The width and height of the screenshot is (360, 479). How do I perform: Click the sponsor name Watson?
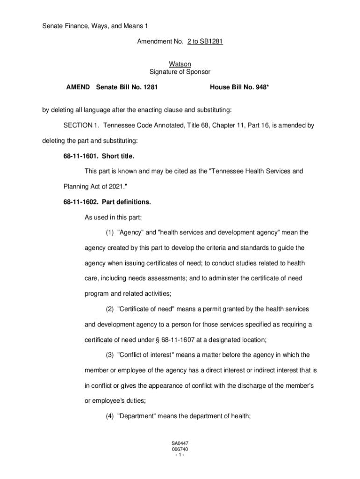coord(180,64)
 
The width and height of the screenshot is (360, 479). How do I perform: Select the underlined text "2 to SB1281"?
coord(205,42)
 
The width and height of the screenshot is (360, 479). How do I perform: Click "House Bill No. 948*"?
coord(239,87)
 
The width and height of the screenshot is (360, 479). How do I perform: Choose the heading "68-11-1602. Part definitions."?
coord(107,202)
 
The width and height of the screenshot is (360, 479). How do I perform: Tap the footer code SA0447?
coord(180,443)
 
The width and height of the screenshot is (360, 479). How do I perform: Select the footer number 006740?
coord(180,449)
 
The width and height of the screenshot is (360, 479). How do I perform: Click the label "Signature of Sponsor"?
coord(180,72)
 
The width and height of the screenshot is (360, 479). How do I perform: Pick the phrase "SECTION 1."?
coord(81,125)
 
